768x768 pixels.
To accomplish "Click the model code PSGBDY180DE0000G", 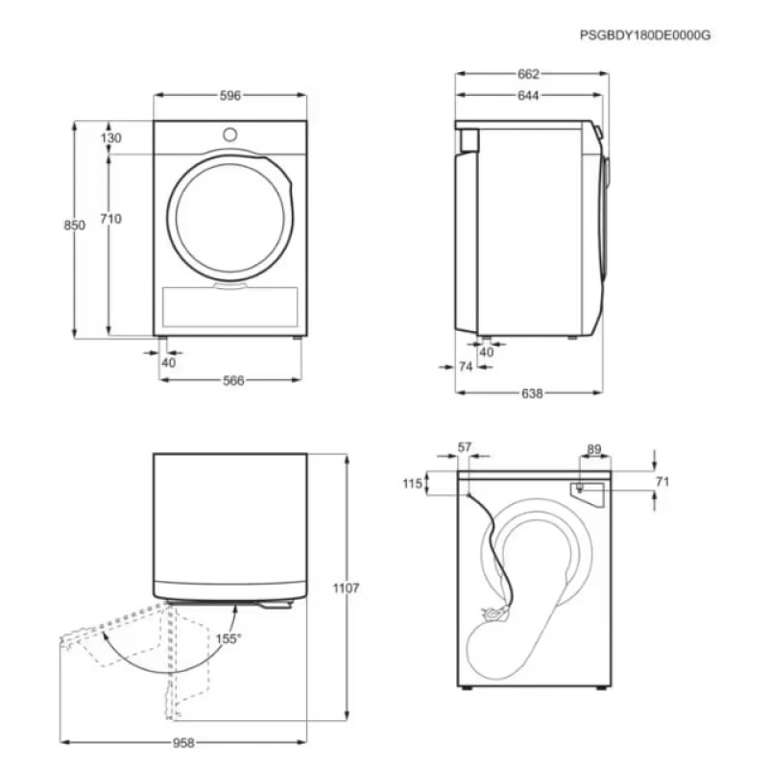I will [645, 35].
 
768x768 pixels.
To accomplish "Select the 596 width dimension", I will [229, 95].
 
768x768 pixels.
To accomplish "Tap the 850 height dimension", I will [74, 225].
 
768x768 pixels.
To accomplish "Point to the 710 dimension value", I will [110, 219].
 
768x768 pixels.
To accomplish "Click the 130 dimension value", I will [111, 138].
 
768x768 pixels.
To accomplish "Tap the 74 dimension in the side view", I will [466, 367].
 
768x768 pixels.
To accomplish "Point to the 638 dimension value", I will [532, 394].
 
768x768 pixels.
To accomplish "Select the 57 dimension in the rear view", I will [465, 446].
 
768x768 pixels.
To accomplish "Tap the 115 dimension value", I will [413, 484].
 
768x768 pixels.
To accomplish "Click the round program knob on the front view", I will [229, 133].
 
